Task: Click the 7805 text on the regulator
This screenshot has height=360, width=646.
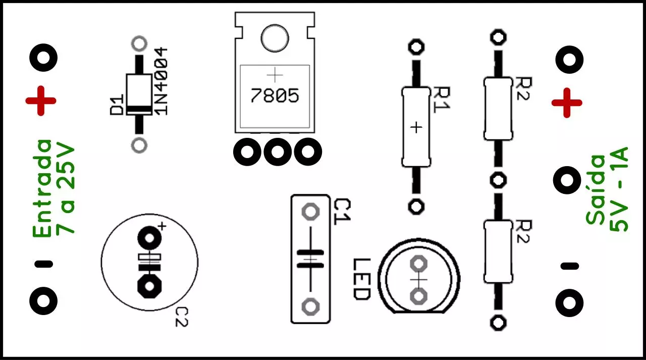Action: [275, 96]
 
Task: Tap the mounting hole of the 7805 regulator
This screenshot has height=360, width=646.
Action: [275, 38]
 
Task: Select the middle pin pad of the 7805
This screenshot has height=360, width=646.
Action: [278, 152]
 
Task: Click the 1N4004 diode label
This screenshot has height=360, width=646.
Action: [161, 82]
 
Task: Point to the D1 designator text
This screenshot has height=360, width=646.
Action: [117, 105]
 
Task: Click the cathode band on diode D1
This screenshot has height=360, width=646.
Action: [139, 110]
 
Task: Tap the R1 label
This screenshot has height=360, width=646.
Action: [442, 100]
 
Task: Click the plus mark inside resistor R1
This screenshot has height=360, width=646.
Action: [416, 128]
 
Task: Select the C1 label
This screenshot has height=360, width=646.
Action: [342, 212]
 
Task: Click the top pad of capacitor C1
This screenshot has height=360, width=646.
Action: [310, 212]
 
